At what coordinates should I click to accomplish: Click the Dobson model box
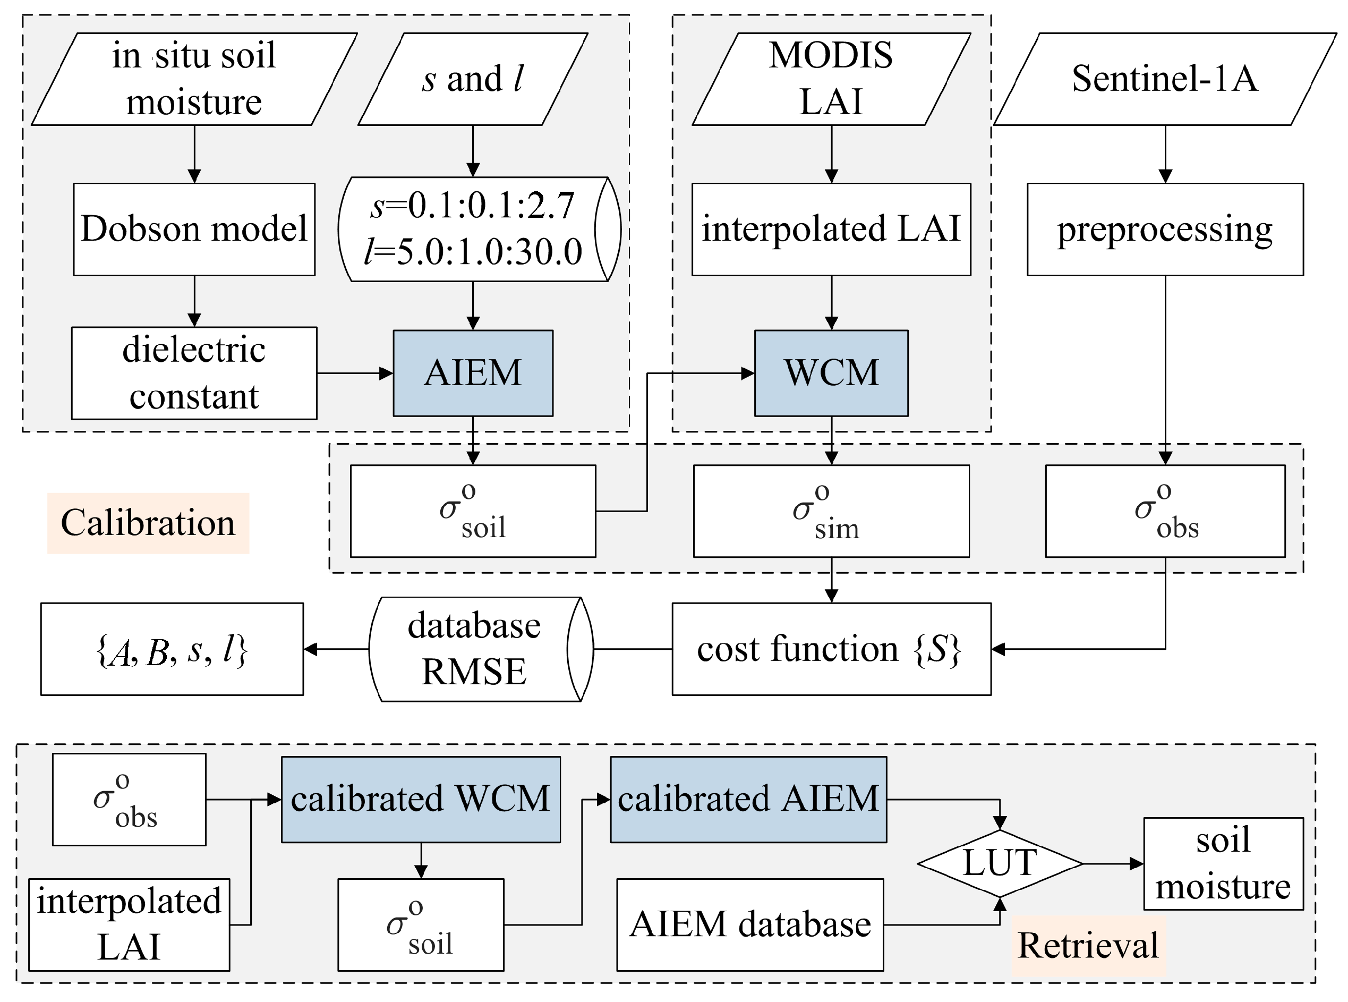[194, 230]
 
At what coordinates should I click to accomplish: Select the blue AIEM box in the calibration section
[473, 373]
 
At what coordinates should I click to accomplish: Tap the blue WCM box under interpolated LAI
[831, 373]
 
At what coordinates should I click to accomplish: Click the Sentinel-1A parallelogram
[1164, 79]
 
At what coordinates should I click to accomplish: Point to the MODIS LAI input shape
[831, 79]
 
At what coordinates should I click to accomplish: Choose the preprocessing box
[1164, 230]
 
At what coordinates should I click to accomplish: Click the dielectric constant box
[194, 373]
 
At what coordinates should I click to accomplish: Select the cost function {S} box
[831, 649]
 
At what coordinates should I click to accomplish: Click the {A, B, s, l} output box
[172, 649]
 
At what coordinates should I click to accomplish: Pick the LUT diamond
[1000, 863]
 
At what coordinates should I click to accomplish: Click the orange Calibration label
[148, 523]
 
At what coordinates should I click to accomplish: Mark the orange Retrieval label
[1088, 945]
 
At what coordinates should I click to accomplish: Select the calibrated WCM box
[420, 799]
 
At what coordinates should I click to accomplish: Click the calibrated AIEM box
[748, 799]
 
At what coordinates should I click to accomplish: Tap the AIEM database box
[750, 924]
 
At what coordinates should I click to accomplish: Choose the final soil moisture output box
[1223, 863]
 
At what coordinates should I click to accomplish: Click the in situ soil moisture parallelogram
[194, 79]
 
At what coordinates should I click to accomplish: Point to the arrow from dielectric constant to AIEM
[355, 373]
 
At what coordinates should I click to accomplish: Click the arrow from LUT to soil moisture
[1113, 863]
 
